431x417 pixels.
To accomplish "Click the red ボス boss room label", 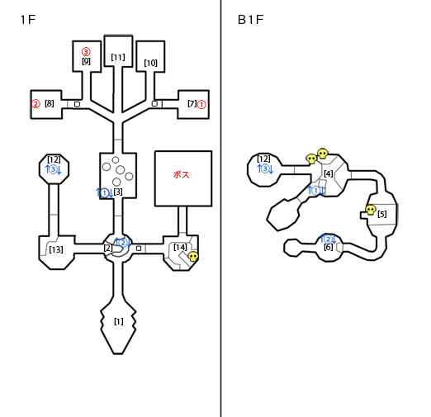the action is point(182,175).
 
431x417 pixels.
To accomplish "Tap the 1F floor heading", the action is point(28,20).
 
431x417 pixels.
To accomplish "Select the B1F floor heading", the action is point(250,20).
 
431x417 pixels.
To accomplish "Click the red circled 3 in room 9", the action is point(86,52).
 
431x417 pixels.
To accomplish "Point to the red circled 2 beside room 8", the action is point(36,104).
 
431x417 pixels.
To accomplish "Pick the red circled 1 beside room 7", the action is point(201,105).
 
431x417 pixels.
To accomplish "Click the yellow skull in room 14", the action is point(193,257).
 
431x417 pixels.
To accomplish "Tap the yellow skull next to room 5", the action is point(371,210).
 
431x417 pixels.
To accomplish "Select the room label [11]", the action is point(118,57).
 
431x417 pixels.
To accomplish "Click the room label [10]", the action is point(150,63).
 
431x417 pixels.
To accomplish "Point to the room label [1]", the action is point(119,321).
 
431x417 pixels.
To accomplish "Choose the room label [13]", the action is point(56,249).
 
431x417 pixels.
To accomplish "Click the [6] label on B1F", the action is point(329,247).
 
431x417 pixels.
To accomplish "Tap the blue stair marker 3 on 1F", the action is point(54,169).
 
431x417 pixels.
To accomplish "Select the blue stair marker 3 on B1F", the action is point(265,168).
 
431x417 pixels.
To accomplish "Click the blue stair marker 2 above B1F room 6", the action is point(328,239).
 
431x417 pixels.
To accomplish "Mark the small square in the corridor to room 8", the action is point(77,104).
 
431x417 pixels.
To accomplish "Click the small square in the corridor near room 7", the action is point(154,104).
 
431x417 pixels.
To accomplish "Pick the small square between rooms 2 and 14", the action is point(139,249).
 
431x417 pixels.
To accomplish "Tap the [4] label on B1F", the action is point(329,173).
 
